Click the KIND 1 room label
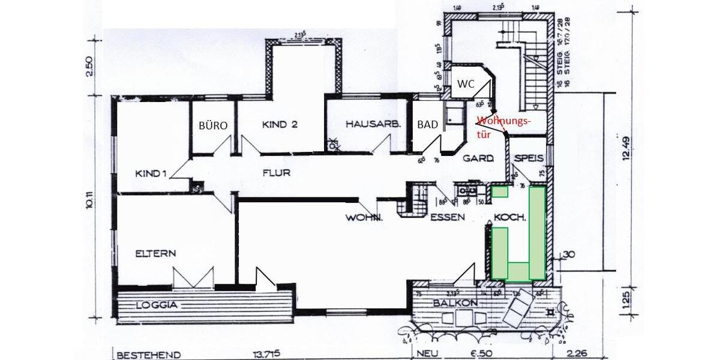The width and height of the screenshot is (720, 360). [151, 173]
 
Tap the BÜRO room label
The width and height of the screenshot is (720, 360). [213, 126]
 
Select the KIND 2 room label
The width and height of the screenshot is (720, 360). [280, 125]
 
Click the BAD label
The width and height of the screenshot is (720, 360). [427, 125]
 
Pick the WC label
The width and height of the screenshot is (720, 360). [466, 84]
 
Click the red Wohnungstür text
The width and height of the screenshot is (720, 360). [503, 127]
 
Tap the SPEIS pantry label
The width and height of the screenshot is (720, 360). [529, 158]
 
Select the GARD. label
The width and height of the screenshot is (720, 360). [478, 159]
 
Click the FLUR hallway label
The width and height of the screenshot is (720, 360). [276, 173]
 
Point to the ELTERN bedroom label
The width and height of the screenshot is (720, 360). [155, 253]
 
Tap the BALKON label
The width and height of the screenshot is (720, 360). [455, 304]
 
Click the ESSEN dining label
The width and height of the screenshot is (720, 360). [448, 217]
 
